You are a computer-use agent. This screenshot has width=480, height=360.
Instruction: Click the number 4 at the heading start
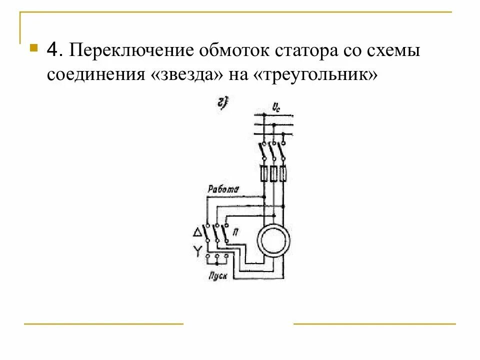(54, 51)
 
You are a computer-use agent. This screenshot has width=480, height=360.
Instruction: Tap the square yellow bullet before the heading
(33, 49)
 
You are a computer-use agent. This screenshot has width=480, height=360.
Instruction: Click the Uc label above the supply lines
(275, 106)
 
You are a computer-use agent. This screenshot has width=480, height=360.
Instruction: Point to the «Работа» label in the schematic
(223, 189)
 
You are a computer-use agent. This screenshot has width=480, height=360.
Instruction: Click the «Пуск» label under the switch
(218, 275)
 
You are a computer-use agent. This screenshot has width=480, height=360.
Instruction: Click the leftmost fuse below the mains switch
(263, 173)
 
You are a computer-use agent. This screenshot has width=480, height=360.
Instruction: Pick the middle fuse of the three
(273, 173)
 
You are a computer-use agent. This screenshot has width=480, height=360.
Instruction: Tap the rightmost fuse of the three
(283, 173)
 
